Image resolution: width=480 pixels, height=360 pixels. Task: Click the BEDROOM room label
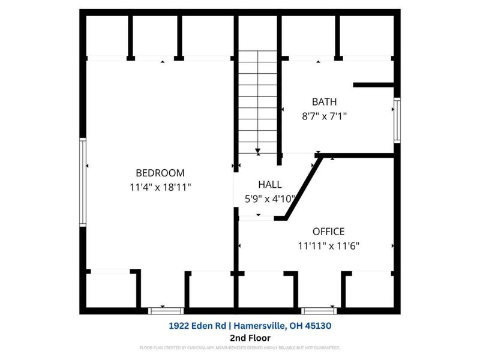tap(160, 173)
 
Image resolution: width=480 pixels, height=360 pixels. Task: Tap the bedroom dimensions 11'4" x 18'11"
tap(160, 187)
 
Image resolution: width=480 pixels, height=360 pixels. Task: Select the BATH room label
tap(324, 101)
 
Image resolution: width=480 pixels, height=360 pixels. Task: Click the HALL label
tap(269, 185)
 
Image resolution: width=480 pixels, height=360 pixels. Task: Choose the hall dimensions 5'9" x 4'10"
tap(269, 199)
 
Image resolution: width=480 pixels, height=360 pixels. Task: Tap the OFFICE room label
tap(328, 231)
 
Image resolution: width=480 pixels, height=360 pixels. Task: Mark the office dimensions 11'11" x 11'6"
tap(328, 245)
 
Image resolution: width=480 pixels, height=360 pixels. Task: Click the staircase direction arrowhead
tap(257, 152)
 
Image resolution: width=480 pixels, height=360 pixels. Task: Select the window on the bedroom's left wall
tap(83, 182)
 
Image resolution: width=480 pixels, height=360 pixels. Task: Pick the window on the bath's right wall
tap(397, 121)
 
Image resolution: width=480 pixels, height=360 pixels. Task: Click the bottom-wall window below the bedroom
tap(166, 310)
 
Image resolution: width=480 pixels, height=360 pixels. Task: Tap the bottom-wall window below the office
tap(319, 310)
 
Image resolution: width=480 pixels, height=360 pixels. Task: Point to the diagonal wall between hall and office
tap(302, 188)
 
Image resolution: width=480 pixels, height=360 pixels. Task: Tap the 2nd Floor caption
tap(239, 337)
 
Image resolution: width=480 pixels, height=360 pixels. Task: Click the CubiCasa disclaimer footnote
tap(239, 348)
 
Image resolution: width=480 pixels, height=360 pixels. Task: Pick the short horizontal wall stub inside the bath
tap(373, 85)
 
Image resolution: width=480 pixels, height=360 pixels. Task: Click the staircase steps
tap(257, 99)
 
